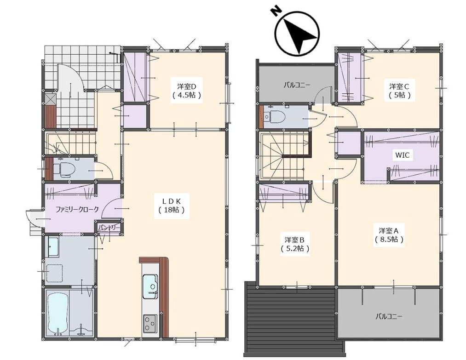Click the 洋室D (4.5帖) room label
pyautogui.click(x=187, y=91)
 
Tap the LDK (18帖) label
pyautogui.click(x=172, y=206)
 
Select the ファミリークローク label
pyautogui.click(x=77, y=209)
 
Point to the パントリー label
pyautogui.click(x=109, y=228)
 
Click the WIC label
pyautogui.click(x=403, y=155)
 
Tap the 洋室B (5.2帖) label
pyautogui.click(x=294, y=244)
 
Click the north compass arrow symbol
pyautogui.click(x=298, y=33)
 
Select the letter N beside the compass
pyautogui.click(x=276, y=11)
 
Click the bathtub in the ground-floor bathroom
pyautogui.click(x=58, y=314)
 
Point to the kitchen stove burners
pyautogui.click(x=150, y=323)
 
